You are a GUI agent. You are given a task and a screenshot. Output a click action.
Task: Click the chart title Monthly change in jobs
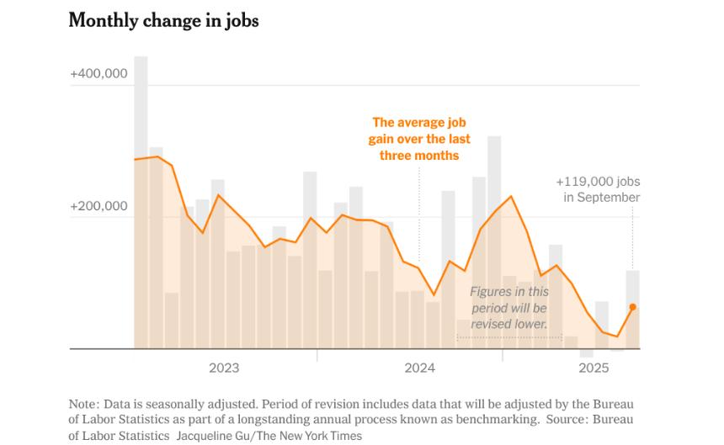163,21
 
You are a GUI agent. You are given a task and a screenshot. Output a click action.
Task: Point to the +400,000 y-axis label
98,74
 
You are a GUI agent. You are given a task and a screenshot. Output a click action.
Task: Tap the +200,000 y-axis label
98,206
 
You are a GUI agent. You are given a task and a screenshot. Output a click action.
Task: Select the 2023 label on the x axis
224,368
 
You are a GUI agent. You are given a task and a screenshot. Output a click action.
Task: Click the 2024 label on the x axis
419,368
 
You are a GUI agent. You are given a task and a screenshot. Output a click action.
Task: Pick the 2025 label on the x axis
594,368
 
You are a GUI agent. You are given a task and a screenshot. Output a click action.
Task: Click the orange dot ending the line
632,307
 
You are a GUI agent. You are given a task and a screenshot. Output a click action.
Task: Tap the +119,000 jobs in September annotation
598,189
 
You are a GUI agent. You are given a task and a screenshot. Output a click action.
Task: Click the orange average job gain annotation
420,139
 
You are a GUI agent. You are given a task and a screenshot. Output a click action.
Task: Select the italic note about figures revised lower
508,307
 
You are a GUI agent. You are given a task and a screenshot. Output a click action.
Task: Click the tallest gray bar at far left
141,202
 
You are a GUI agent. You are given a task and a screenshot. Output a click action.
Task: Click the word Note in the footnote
84,402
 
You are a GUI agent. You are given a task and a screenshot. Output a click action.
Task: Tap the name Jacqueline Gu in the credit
213,436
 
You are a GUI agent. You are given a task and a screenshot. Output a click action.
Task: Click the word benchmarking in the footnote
498,419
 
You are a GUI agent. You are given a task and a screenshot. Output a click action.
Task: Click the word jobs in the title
241,21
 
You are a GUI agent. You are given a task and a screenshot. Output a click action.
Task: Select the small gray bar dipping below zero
587,353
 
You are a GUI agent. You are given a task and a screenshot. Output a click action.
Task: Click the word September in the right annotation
609,198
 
